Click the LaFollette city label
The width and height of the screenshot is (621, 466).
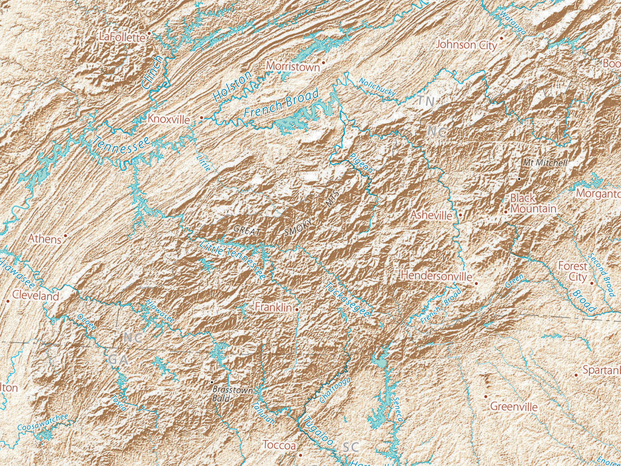pyautogui.click(x=122, y=38)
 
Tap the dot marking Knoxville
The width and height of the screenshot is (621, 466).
pyautogui.click(x=202, y=119)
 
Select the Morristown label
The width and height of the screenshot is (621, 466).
pyautogui.click(x=292, y=67)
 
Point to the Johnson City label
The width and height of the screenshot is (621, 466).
pyautogui.click(x=466, y=45)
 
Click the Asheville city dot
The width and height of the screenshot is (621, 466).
pyautogui.click(x=461, y=215)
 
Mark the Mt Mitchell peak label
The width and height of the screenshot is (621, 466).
pyautogui.click(x=545, y=163)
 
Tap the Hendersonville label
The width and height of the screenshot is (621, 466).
pyautogui.click(x=435, y=276)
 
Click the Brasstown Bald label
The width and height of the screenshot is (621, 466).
pyautogui.click(x=232, y=394)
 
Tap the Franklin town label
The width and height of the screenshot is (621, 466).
pyautogui.click(x=274, y=308)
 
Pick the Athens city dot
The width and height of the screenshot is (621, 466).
pyautogui.click(x=65, y=235)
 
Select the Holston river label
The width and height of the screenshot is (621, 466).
pyautogui.click(x=232, y=86)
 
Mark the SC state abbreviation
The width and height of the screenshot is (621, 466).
pyautogui.click(x=351, y=447)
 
